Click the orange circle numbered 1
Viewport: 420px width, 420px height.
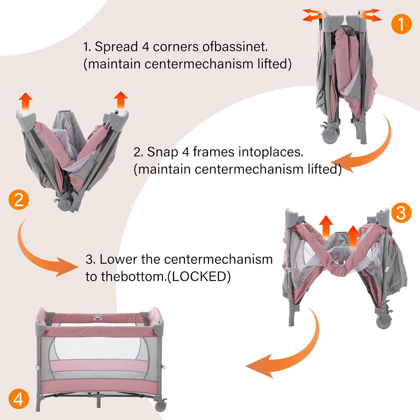tap(401, 24)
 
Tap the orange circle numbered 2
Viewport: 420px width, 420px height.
tap(19, 200)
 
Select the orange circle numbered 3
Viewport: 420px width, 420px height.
tap(401, 213)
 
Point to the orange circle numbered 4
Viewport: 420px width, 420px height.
tap(18, 399)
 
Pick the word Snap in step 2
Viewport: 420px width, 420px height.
tap(162, 152)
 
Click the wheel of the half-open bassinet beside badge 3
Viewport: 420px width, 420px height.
tap(383, 321)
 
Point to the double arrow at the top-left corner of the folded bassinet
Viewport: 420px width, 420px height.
tap(312, 15)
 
